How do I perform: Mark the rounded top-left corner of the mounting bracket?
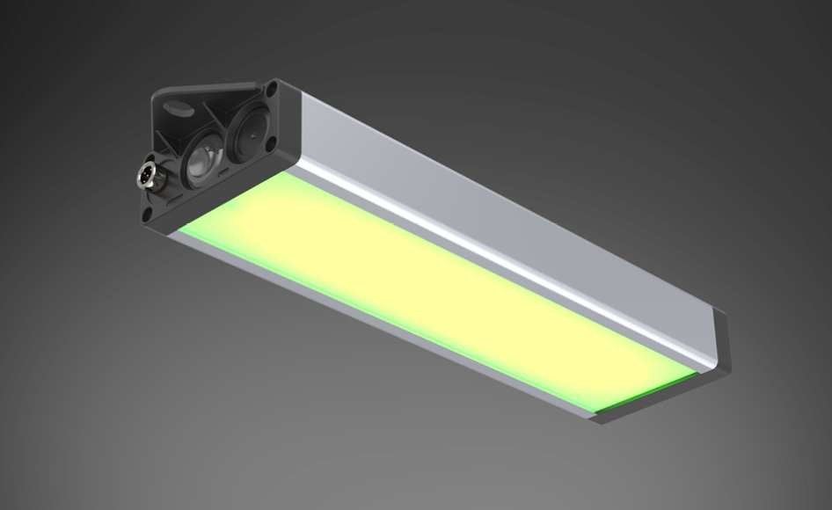[159, 91]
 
